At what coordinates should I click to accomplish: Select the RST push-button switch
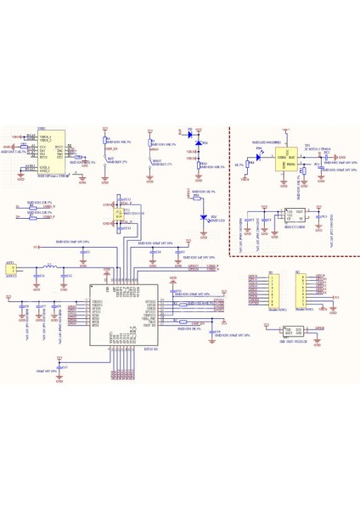105,159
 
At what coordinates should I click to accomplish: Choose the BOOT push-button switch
151,159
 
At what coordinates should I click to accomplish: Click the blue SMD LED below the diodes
203,217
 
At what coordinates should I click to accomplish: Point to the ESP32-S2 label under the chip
125,347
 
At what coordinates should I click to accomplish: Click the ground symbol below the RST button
105,180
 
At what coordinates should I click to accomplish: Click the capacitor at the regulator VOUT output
321,218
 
